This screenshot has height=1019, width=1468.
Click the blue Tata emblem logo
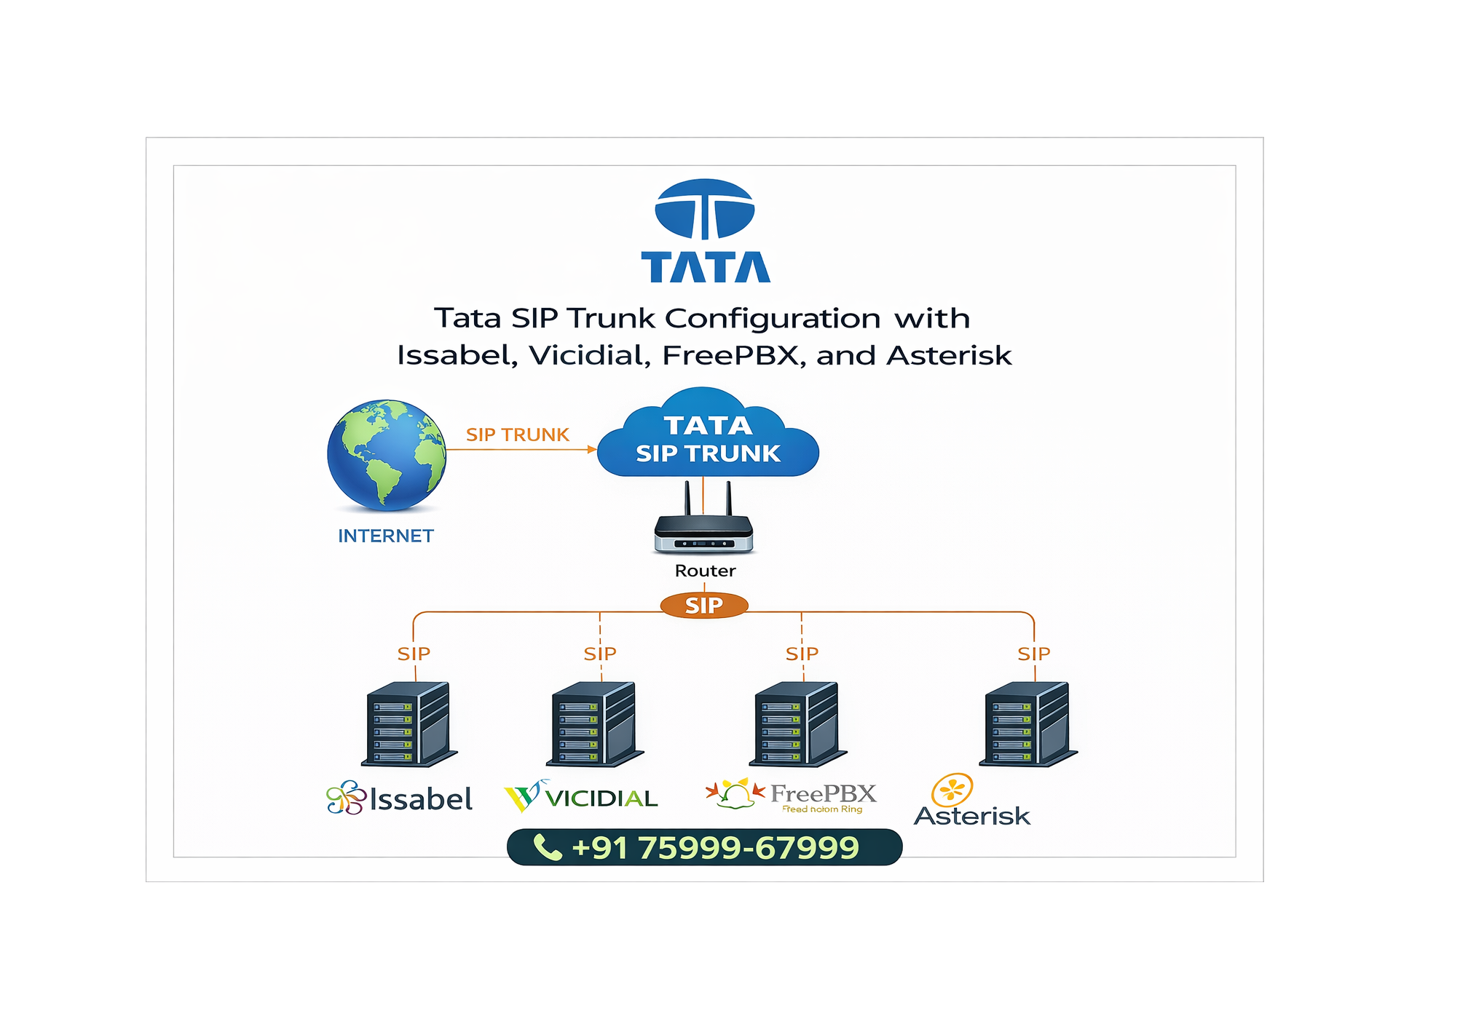705,210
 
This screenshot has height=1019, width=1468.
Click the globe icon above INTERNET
386,454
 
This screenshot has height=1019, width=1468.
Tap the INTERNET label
386,536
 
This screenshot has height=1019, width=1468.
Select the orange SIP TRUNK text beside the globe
517,435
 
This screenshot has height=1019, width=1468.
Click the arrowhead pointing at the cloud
592,450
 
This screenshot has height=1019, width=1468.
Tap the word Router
705,571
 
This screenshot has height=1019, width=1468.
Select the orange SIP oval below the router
704,606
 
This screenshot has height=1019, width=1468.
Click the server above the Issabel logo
409,724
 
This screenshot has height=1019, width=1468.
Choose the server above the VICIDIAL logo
595,724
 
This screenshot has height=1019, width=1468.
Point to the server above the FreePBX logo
798,724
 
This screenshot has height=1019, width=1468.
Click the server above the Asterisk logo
1028,724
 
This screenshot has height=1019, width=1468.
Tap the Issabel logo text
421,800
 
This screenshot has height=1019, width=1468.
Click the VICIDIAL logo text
601,799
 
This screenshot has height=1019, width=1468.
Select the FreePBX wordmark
823,793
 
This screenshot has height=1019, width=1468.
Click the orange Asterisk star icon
952,790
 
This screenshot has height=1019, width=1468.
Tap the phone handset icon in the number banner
548,848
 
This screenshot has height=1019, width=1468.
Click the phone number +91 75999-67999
715,848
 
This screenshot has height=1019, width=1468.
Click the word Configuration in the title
773,319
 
